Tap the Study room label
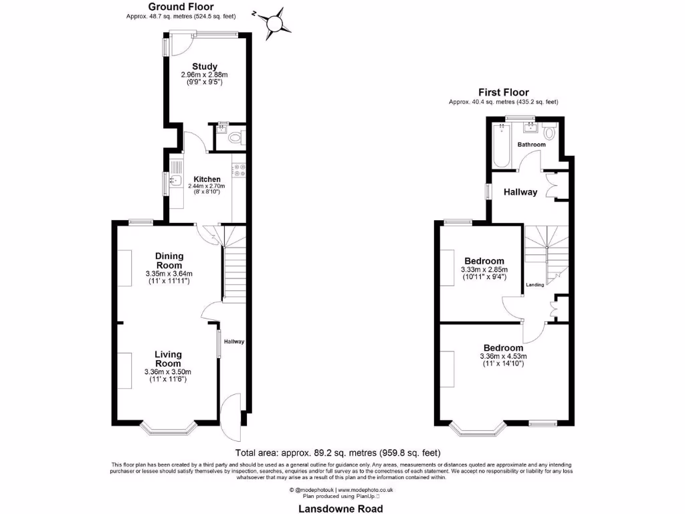(205, 66)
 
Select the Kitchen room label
(207, 179)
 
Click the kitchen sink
(176, 180)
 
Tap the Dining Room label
(169, 260)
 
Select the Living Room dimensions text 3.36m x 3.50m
(168, 372)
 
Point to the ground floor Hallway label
(234, 341)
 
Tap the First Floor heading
(503, 92)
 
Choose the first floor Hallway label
(520, 192)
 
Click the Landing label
(534, 285)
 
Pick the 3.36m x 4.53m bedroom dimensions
(503, 356)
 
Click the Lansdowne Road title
(341, 508)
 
